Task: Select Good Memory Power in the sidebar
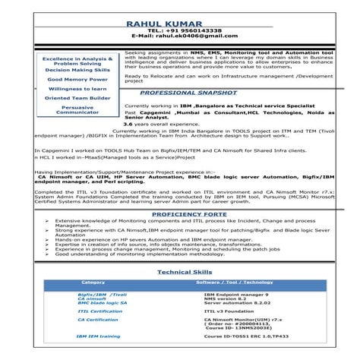click(77, 79)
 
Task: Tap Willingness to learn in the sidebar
click(77, 89)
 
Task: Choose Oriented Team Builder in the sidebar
click(77, 98)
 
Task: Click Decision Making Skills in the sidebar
click(77, 70)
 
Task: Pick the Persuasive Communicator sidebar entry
click(77, 110)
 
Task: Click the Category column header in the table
click(93, 283)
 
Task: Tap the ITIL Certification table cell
click(99, 311)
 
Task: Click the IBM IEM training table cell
click(99, 336)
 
